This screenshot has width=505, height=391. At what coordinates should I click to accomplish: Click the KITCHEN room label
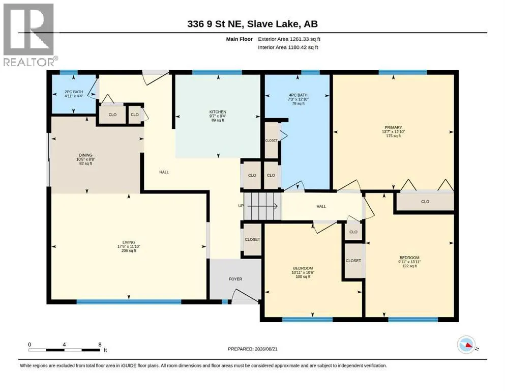pyautogui.click(x=218, y=112)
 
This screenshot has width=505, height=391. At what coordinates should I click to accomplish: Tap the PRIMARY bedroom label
pyautogui.click(x=393, y=128)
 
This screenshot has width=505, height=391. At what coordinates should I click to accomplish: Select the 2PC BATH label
pyautogui.click(x=74, y=92)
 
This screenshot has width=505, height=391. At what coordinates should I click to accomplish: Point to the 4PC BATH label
pyautogui.click(x=298, y=95)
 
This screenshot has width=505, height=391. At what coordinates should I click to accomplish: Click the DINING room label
pyautogui.click(x=85, y=155)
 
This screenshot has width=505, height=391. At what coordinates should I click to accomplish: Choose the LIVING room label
pyautogui.click(x=129, y=242)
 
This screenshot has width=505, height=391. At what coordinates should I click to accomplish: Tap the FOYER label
pyautogui.click(x=235, y=279)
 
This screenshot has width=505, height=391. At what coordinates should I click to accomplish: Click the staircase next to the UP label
pyautogui.click(x=262, y=206)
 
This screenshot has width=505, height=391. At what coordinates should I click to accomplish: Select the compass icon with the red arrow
pyautogui.click(x=466, y=345)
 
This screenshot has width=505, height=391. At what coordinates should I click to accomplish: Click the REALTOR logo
pyautogui.click(x=29, y=35)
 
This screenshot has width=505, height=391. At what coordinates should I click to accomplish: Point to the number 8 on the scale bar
pyautogui.click(x=100, y=345)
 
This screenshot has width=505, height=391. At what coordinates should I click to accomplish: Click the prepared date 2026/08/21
pyautogui.click(x=266, y=349)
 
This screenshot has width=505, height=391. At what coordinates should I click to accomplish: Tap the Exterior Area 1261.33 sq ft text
pyautogui.click(x=289, y=39)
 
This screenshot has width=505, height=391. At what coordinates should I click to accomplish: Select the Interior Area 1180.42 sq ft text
pyautogui.click(x=288, y=47)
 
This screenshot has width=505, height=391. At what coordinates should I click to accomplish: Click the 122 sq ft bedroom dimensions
pyautogui.click(x=409, y=262)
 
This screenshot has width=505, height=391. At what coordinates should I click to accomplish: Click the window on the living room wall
pyautogui.click(x=129, y=302)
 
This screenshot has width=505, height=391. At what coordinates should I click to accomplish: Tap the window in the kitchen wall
pyautogui.click(x=217, y=72)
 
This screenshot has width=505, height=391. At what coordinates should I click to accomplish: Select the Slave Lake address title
pyautogui.click(x=252, y=24)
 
